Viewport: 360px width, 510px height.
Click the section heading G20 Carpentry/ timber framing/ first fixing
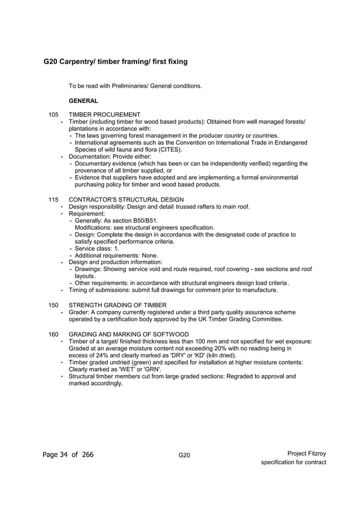click(116, 61)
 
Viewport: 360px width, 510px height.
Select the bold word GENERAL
click(84, 101)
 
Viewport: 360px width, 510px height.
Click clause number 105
click(54, 115)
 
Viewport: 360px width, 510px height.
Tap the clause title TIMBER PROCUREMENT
click(104, 115)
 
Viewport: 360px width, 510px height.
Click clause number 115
click(54, 199)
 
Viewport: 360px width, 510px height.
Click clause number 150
click(54, 305)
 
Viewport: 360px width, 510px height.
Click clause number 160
click(54, 334)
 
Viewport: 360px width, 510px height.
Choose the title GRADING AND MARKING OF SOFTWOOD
click(129, 334)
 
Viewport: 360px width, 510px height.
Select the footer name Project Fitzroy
click(306, 454)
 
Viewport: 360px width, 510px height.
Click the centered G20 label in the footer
click(184, 455)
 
